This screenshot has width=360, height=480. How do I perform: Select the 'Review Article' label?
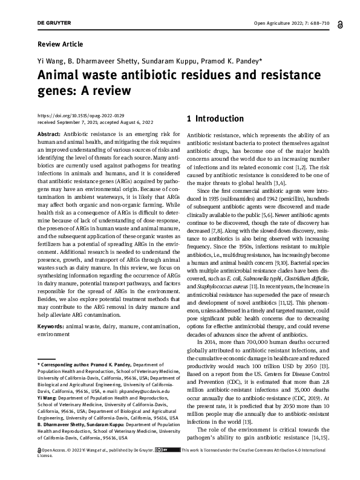60,44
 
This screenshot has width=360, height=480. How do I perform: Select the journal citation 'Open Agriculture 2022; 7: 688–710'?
295,23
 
